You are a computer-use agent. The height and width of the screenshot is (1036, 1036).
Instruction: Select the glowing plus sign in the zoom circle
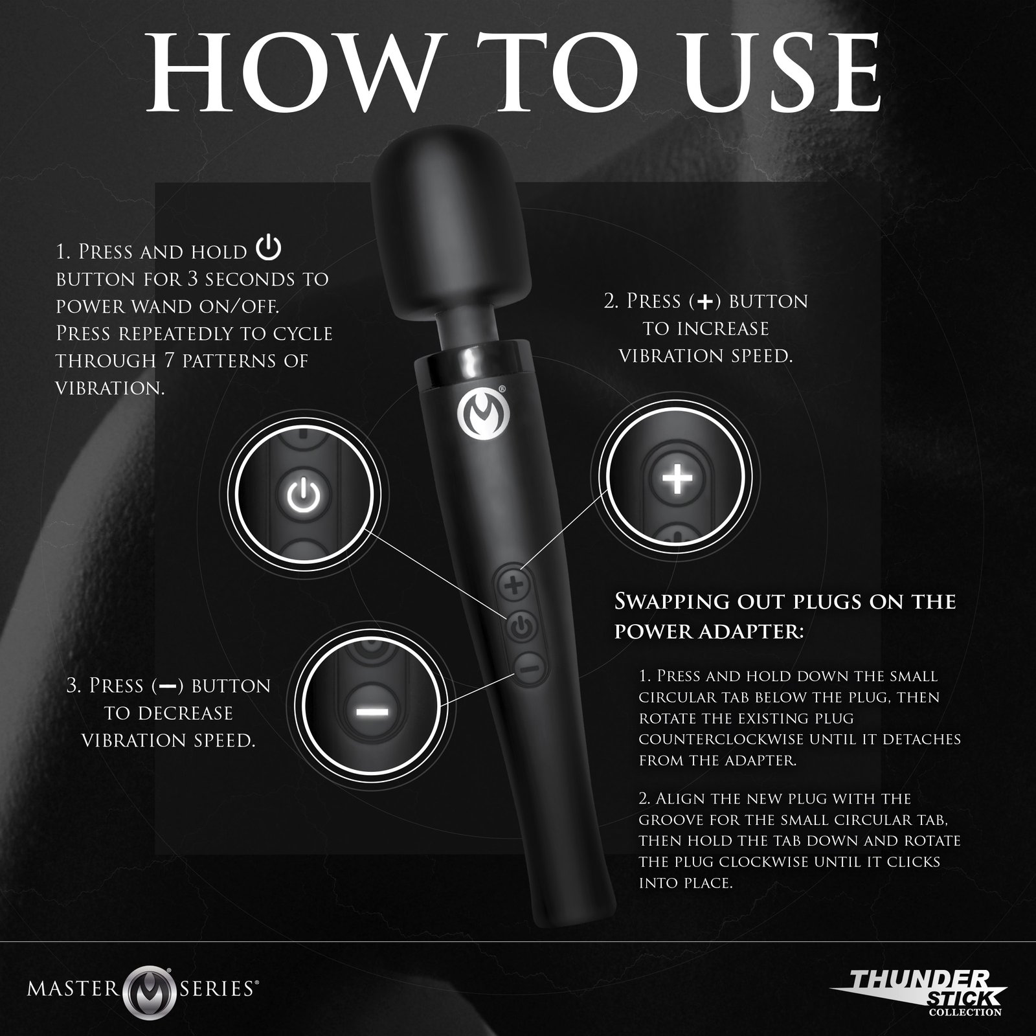coord(676,479)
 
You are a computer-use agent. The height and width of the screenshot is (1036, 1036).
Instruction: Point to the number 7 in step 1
coord(165,361)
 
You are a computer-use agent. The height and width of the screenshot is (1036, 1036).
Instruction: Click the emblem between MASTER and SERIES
coord(153,969)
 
